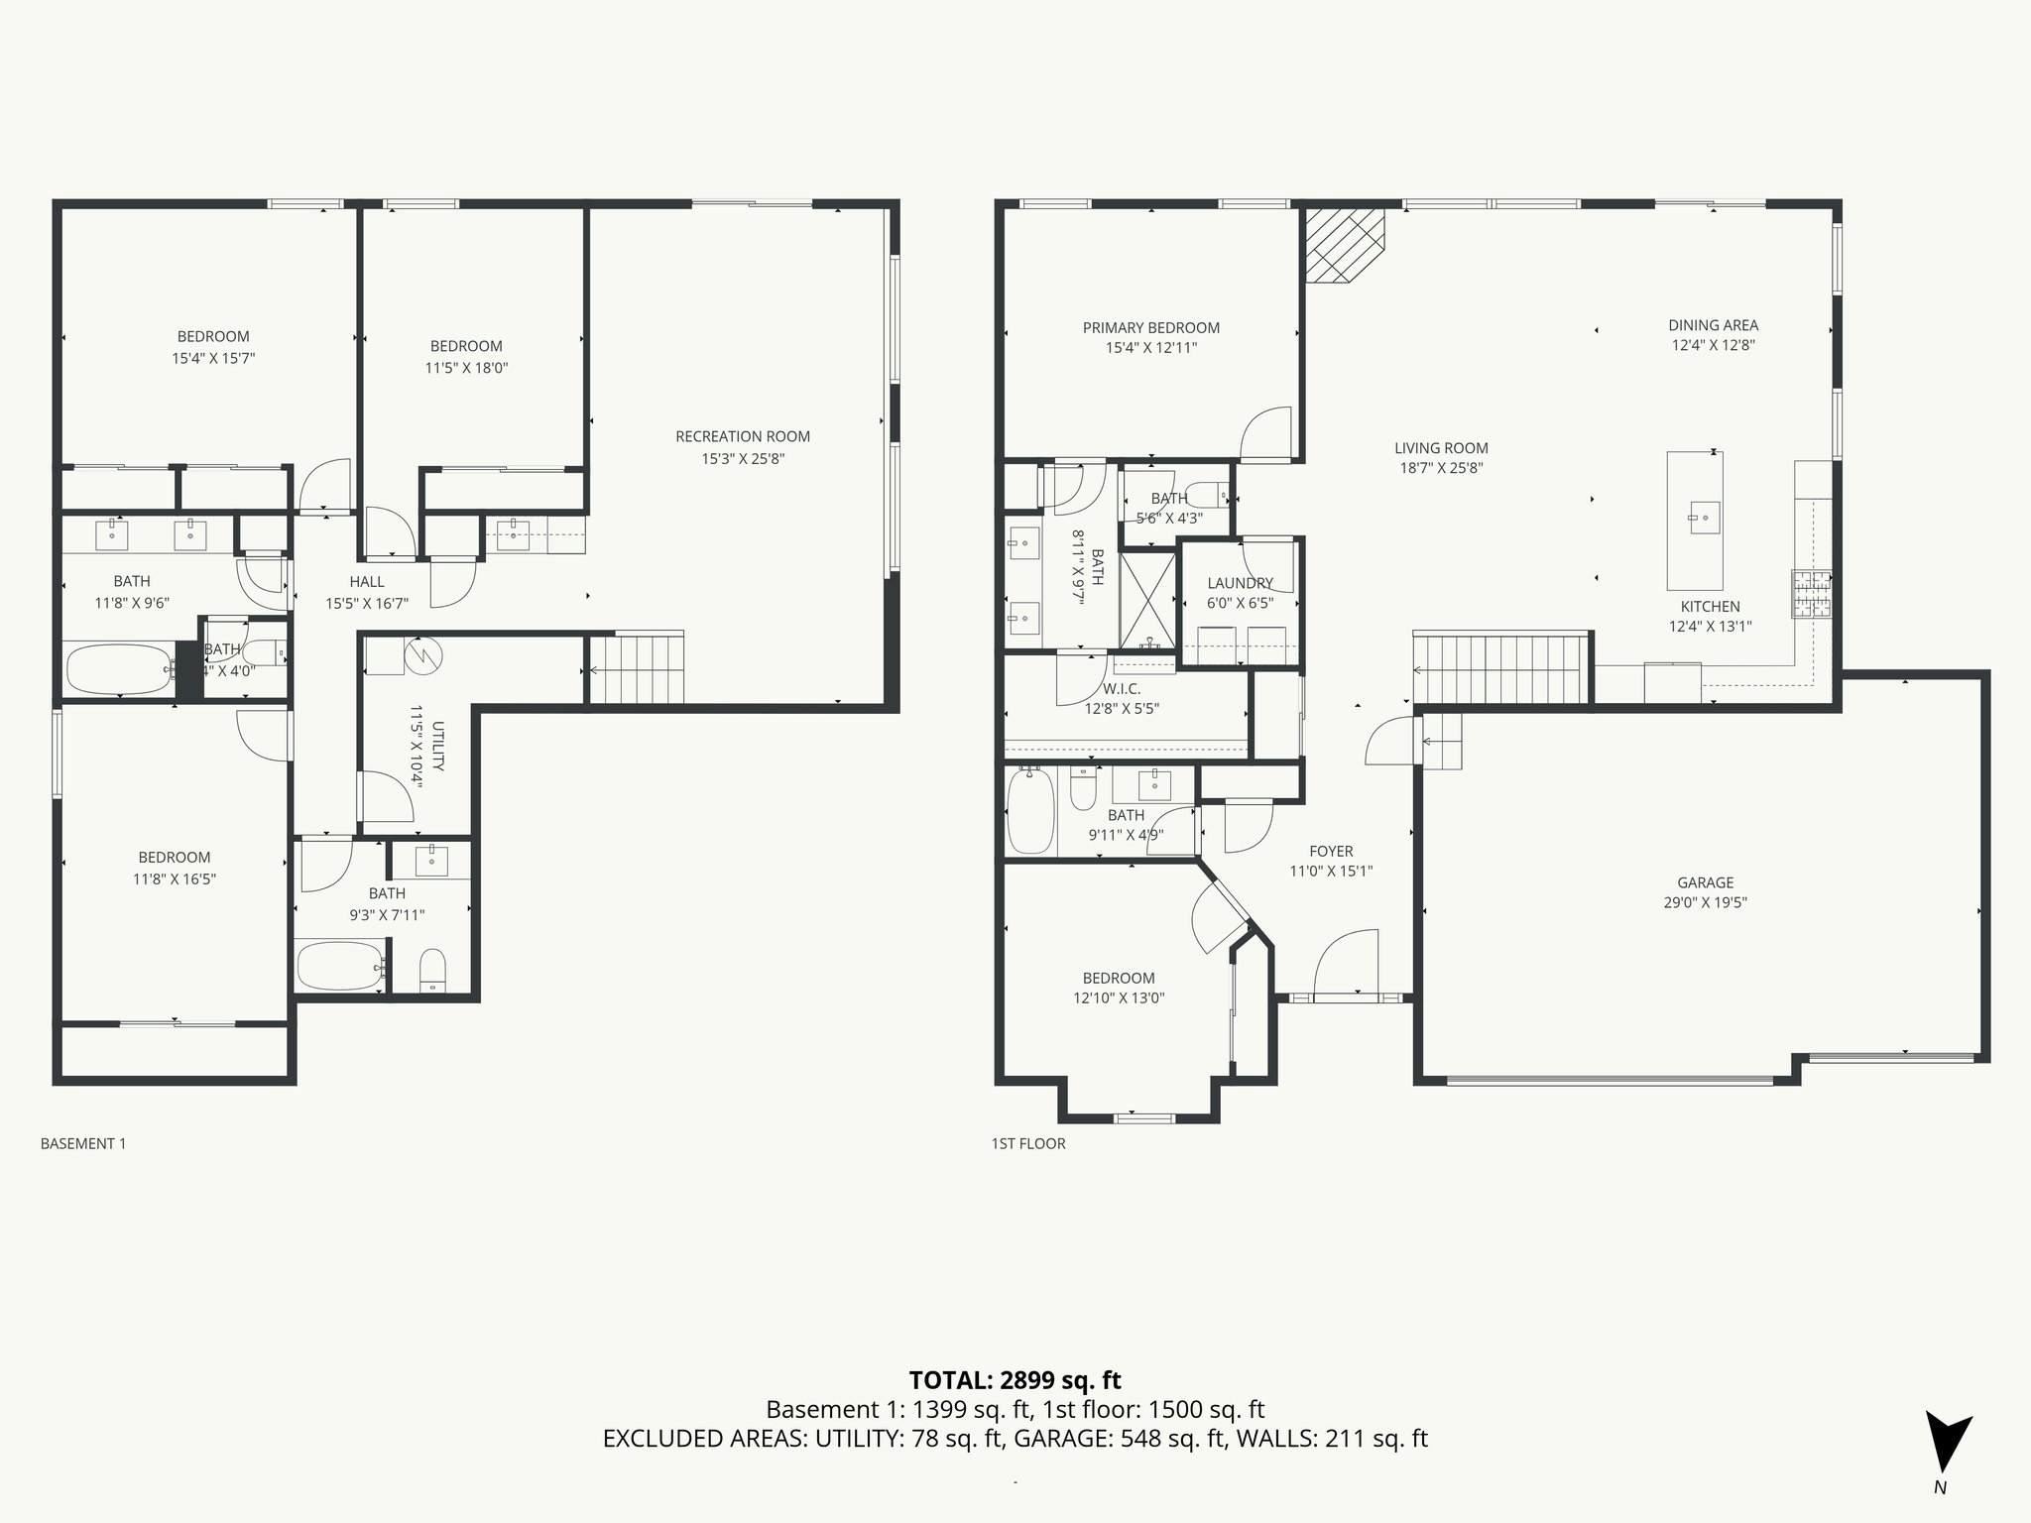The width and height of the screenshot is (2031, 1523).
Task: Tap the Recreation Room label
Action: tap(742, 436)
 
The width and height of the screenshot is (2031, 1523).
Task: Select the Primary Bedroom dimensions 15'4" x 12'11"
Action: tap(1150, 348)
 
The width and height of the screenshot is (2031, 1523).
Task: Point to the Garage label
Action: tap(1705, 881)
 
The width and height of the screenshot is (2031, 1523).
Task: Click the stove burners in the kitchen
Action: tap(1811, 594)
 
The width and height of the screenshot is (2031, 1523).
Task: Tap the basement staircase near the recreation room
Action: tap(637, 669)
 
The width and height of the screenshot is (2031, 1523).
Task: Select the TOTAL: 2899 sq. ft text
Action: tap(1015, 1379)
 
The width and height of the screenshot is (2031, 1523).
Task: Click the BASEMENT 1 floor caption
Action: tap(83, 1143)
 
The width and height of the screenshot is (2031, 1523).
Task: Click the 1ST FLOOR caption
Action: tap(1028, 1143)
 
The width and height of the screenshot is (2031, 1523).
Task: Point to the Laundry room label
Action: tap(1240, 583)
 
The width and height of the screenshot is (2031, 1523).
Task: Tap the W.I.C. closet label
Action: tap(1121, 688)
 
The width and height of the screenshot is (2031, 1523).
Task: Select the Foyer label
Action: tap(1330, 851)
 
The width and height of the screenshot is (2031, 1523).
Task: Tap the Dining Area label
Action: tap(1713, 324)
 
